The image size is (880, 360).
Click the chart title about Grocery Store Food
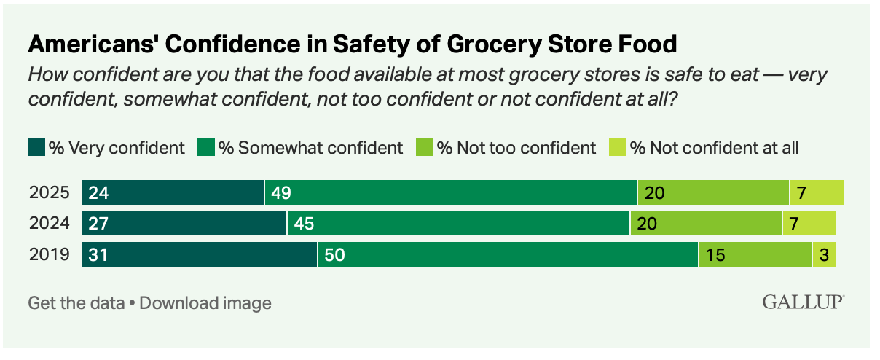(x=353, y=44)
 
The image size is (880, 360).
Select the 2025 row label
(x=49, y=193)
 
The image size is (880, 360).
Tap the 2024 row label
(x=49, y=224)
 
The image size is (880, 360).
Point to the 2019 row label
(x=49, y=254)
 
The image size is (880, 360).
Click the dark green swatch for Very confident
(x=36, y=148)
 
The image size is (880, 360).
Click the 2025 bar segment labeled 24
(x=173, y=193)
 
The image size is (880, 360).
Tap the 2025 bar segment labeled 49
(x=451, y=193)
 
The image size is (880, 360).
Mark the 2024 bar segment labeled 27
(x=184, y=224)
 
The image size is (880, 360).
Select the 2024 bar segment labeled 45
(x=458, y=224)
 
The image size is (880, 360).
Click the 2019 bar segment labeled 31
(x=200, y=254)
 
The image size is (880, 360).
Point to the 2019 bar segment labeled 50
(x=508, y=254)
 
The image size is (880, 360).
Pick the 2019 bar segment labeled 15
(x=755, y=254)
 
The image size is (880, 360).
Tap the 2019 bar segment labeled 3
(x=824, y=254)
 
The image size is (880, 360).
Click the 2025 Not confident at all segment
(x=817, y=193)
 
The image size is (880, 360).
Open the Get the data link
(x=76, y=303)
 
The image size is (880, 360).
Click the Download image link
(x=205, y=303)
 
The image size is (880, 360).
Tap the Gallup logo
(x=804, y=302)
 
